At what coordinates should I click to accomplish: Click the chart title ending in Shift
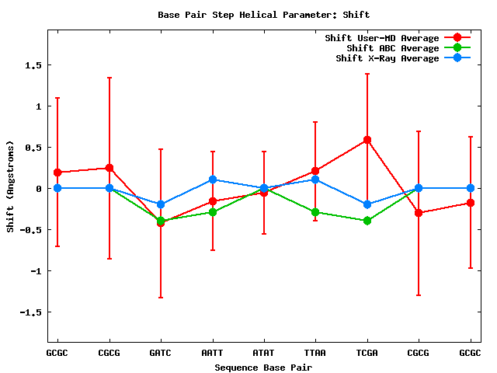click(x=264, y=15)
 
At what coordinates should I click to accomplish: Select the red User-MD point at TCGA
click(x=367, y=140)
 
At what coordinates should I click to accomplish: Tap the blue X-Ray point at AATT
click(x=213, y=180)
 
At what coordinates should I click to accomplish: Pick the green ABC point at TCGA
click(x=367, y=221)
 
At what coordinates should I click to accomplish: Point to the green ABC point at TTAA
click(x=315, y=212)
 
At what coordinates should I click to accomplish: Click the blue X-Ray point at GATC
click(x=161, y=204)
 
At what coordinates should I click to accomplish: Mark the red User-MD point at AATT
click(x=213, y=201)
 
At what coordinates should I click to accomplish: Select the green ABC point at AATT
click(x=213, y=212)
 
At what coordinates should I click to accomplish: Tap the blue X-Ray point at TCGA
click(x=367, y=204)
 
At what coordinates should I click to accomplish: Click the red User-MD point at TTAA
click(x=315, y=171)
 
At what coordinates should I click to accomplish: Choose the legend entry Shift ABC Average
click(x=392, y=48)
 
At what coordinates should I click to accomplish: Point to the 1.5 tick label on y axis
click(x=31, y=65)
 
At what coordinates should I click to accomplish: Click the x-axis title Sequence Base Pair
click(x=264, y=366)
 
